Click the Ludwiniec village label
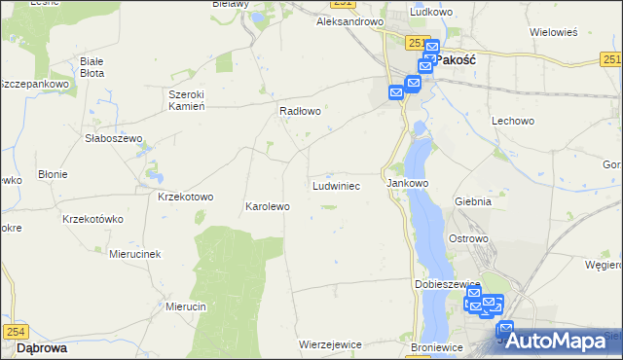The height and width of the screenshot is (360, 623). [337, 184]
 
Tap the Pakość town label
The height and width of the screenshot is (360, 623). [455, 59]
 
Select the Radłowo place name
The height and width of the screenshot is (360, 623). [300, 111]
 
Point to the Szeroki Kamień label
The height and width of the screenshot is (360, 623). [185, 100]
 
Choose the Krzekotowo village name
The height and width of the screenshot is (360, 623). [185, 196]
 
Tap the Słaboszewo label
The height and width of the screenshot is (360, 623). [113, 138]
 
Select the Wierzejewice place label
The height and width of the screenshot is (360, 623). [331, 344]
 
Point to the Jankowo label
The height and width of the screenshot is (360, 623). [408, 183]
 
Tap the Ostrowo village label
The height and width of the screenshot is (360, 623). [467, 238]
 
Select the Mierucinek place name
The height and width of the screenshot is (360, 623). [134, 253]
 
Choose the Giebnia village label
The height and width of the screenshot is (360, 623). [472, 201]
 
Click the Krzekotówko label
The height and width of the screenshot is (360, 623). [92, 219]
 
